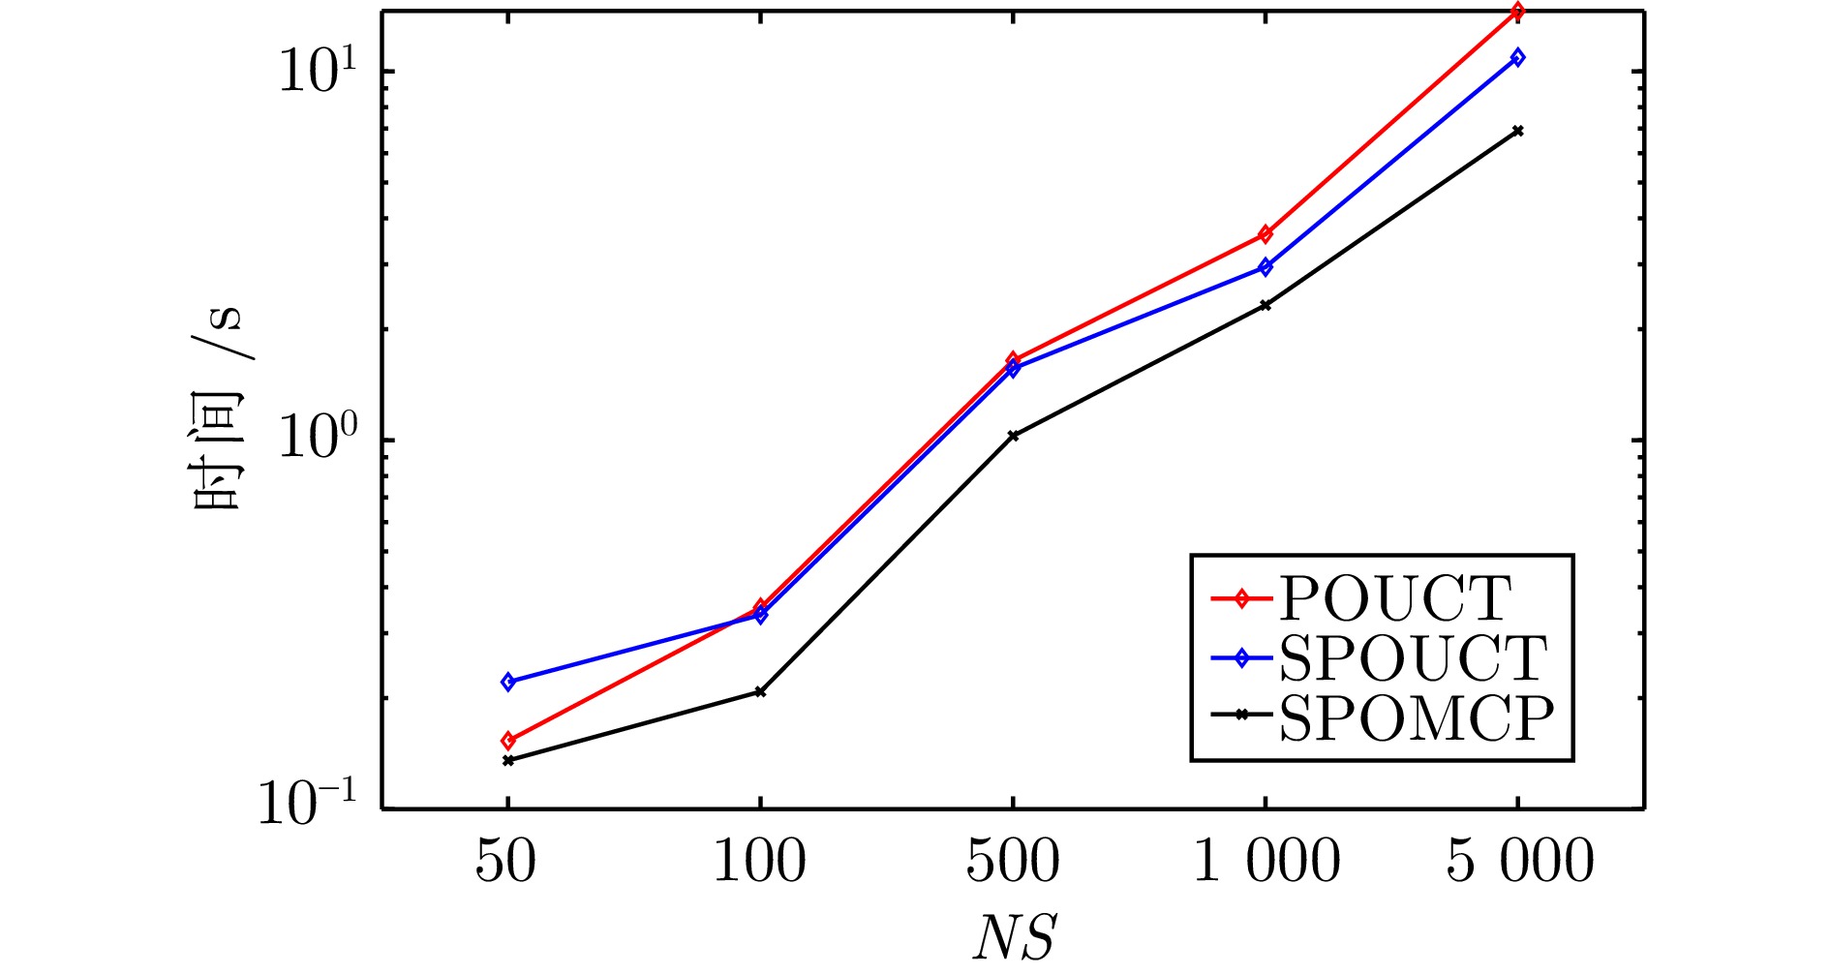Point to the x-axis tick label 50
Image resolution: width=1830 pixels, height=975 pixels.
coord(505,861)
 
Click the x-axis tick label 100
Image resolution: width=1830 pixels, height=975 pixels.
coord(759,861)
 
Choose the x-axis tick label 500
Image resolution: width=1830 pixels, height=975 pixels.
coord(1013,861)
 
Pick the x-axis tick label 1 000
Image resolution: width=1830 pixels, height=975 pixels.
coord(1266,861)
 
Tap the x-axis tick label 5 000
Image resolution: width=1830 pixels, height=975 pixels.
coord(1519,861)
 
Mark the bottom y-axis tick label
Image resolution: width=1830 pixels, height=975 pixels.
coord(308,803)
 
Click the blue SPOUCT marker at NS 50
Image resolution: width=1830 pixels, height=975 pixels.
coord(507,682)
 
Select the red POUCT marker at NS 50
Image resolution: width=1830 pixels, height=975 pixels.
coord(507,741)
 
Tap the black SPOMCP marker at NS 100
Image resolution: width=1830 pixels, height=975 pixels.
coord(760,691)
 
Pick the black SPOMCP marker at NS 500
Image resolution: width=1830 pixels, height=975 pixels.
coord(1013,436)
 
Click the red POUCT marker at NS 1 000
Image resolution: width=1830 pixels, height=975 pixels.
coord(1266,234)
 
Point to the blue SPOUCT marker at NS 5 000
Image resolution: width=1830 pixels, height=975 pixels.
coord(1518,57)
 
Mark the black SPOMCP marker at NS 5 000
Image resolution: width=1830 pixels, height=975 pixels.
coord(1518,131)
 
